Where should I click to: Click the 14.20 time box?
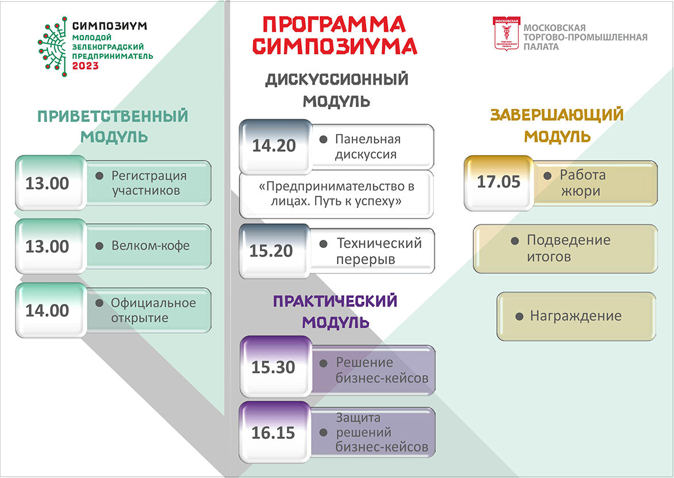click(275, 146)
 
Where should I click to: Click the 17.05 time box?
click(499, 183)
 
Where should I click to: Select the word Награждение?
click(576, 316)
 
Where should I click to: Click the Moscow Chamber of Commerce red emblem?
click(507, 33)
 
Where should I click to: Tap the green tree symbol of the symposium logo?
click(52, 47)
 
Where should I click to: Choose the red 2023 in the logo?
click(85, 66)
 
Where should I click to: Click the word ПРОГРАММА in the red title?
click(334, 25)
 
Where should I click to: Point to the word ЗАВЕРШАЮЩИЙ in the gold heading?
click(557, 115)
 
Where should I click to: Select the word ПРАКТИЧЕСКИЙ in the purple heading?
click(335, 301)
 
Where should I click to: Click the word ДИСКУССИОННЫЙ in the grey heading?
click(336, 79)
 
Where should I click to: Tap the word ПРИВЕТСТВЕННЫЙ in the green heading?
click(113, 116)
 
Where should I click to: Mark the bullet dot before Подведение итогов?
click(515, 240)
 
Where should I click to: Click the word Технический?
click(379, 243)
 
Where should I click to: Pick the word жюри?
click(580, 191)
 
